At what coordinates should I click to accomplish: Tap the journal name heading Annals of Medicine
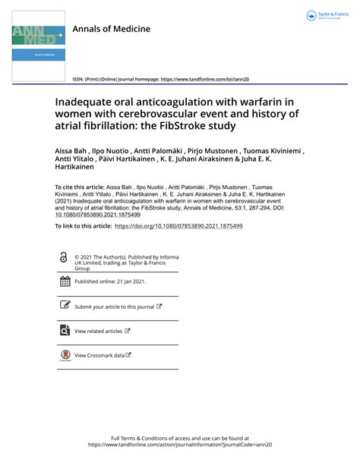tap(111, 29)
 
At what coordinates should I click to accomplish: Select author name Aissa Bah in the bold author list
tap(74, 151)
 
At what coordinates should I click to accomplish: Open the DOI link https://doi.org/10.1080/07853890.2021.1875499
tap(178, 226)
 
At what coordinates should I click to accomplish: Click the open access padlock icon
tap(63, 258)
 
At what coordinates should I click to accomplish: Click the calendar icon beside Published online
tap(65, 282)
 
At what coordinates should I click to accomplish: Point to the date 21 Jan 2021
tap(128, 282)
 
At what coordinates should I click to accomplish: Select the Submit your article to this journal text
tap(114, 307)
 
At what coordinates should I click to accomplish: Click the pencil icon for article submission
tap(65, 306)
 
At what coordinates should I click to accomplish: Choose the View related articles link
tap(99, 331)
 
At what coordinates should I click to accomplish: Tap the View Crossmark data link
tap(99, 355)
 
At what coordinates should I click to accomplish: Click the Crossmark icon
tap(65, 355)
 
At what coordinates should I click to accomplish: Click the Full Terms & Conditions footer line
tap(179, 439)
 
